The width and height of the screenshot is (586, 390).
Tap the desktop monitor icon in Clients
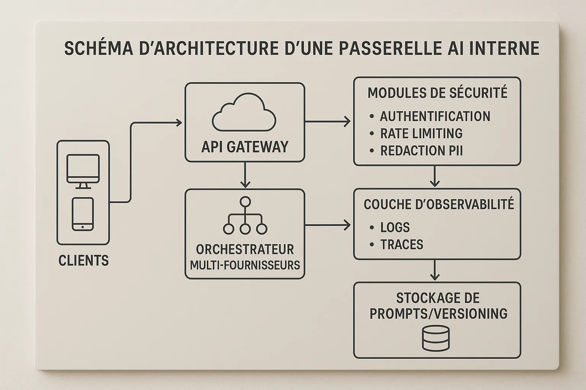(83, 171)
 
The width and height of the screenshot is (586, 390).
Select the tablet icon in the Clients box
(83, 214)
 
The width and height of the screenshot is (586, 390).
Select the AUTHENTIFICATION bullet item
(435, 116)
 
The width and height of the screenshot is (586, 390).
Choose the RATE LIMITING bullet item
(421, 133)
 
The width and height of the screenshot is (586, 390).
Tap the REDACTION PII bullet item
(421, 151)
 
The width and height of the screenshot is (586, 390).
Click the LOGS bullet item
(395, 227)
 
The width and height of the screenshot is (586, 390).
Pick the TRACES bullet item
(402, 245)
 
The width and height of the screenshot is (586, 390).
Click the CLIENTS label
(84, 261)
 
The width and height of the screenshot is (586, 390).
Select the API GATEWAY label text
(245, 147)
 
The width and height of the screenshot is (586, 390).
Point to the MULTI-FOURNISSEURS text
(245, 265)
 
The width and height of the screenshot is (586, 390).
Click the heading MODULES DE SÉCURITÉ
(437, 93)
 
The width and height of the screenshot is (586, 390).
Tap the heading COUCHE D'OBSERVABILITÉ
(439, 205)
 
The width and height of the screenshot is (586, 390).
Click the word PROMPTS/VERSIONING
(439, 313)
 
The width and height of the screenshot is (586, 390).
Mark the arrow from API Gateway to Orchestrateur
(245, 175)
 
